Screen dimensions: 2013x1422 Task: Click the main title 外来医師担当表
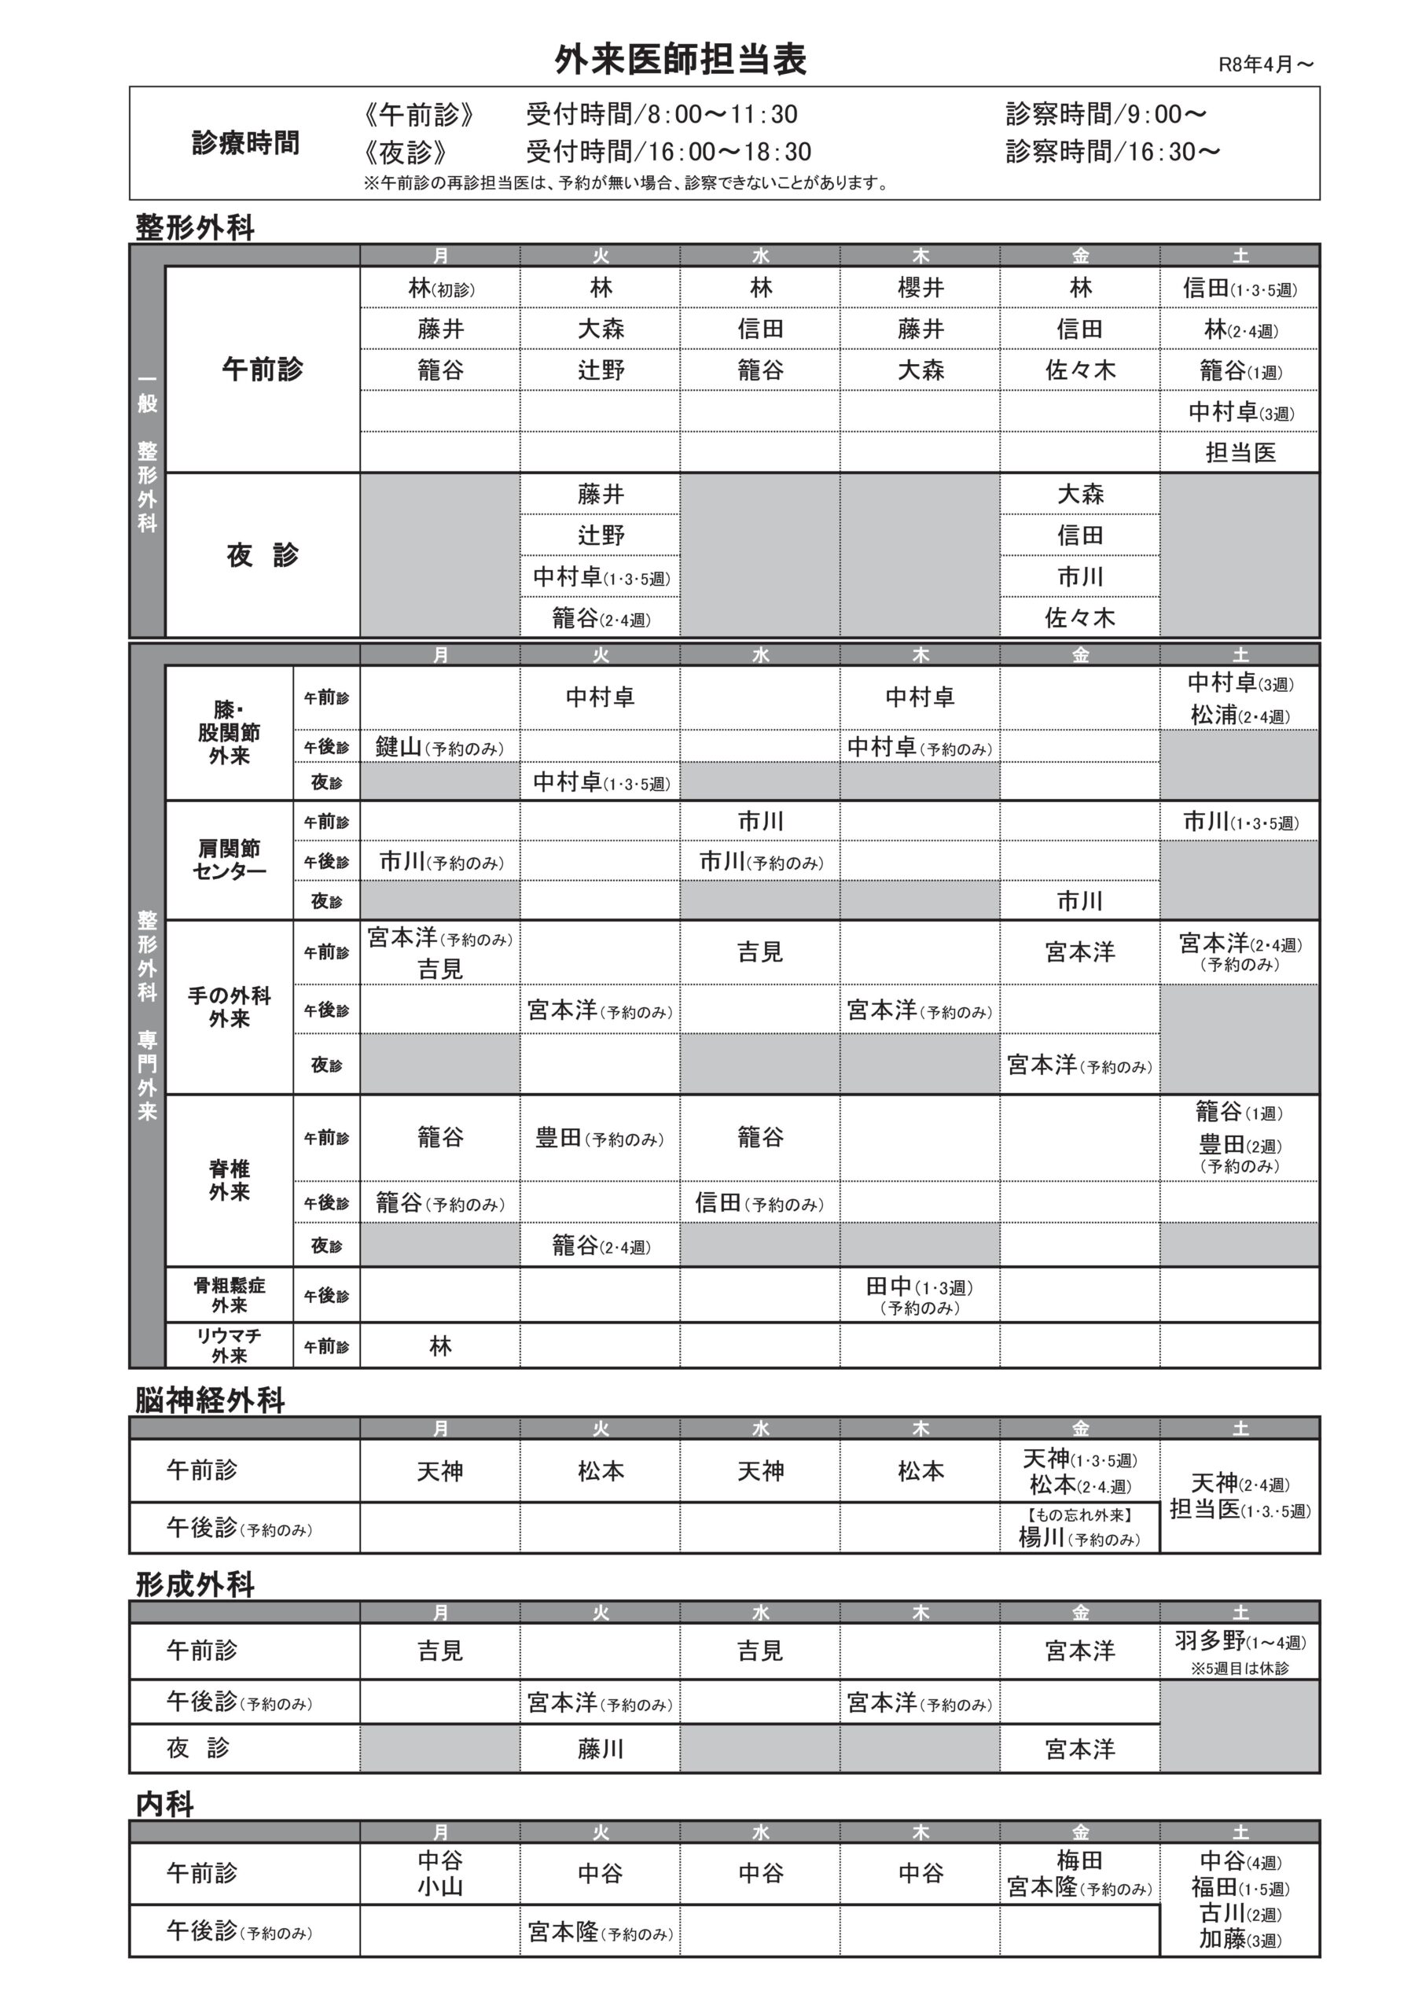click(680, 60)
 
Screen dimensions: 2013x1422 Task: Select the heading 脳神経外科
click(210, 1400)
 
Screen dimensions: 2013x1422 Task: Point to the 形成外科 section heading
click(195, 1584)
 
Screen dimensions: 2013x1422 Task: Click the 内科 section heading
click(165, 1805)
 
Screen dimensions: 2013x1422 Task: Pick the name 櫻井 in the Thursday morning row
click(920, 288)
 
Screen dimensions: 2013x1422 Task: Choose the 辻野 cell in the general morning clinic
click(601, 370)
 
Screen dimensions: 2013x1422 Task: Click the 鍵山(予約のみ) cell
click(439, 747)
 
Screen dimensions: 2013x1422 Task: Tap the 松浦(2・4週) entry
click(1240, 716)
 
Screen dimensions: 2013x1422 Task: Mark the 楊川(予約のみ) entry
click(1079, 1538)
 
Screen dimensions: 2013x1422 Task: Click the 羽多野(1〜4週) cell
click(1240, 1641)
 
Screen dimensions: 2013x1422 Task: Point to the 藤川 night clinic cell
click(601, 1749)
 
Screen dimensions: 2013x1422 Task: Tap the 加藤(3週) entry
click(1240, 1939)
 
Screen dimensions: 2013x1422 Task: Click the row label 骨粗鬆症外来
click(229, 1295)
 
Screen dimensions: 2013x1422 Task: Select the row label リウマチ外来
click(229, 1345)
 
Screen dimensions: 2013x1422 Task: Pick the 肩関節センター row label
click(229, 859)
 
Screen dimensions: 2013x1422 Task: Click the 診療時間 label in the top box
click(245, 143)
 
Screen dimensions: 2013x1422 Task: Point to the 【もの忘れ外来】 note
click(1079, 1514)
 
